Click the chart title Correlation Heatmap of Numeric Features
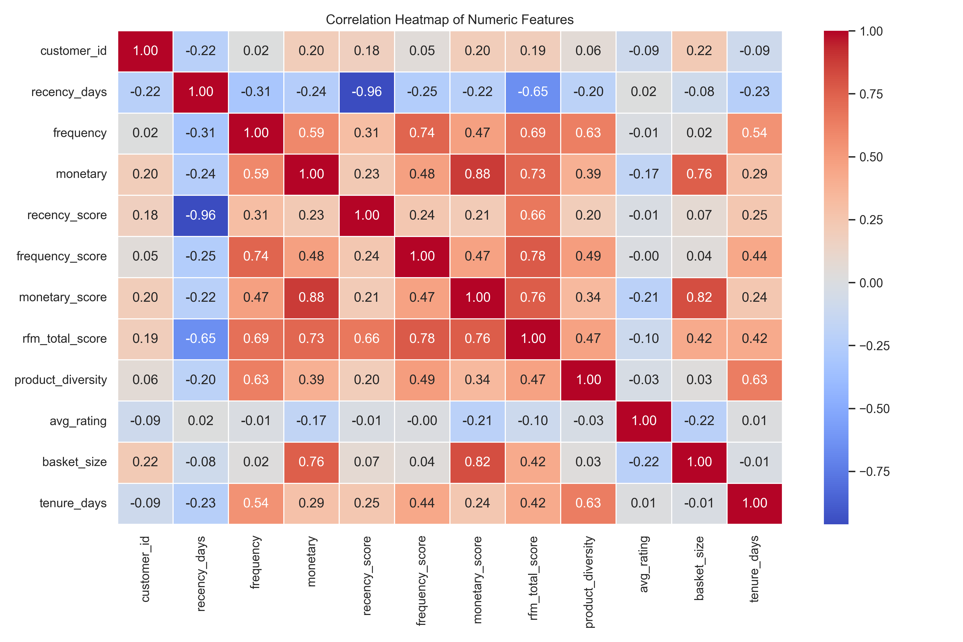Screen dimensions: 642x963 coord(450,20)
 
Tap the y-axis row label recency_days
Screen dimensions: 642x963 coord(69,92)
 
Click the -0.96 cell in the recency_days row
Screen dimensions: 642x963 coord(366,92)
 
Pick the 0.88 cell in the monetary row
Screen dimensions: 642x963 coord(477,174)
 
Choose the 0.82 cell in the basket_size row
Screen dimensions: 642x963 coord(477,462)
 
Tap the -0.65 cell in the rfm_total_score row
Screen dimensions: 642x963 coord(201,339)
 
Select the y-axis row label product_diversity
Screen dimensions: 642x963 coord(61,380)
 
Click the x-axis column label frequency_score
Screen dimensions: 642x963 coord(422,580)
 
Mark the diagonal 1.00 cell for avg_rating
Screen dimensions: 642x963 coord(644,421)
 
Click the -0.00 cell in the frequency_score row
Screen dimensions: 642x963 coord(644,256)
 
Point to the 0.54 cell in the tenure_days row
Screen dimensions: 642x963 coord(256,503)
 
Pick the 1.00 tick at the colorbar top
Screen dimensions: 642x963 coord(870,32)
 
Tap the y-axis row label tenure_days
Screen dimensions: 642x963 coord(73,503)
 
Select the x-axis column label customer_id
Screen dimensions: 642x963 coord(145,569)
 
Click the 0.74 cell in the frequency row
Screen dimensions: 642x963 coord(422,133)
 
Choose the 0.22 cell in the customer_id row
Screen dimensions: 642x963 coord(699,51)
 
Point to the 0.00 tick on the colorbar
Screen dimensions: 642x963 coord(870,283)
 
